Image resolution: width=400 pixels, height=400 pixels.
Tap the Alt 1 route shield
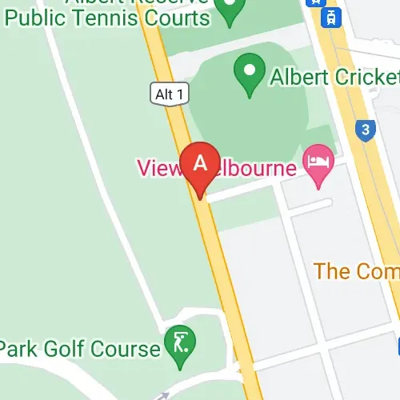(x=170, y=94)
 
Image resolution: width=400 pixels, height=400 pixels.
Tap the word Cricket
(x=362, y=78)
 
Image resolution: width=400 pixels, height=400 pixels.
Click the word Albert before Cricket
(x=298, y=78)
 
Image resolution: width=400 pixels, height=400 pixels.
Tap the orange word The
(x=330, y=270)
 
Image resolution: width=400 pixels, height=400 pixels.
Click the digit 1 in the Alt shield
(x=181, y=94)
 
